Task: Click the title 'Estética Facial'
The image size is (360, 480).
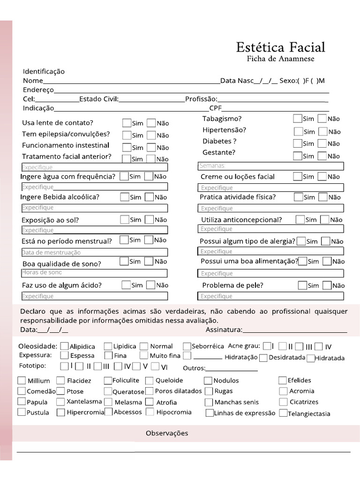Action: point(280,47)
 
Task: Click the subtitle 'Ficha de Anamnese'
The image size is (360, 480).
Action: point(280,59)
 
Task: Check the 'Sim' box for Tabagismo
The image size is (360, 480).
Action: point(298,119)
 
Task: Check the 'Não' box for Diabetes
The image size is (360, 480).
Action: point(322,143)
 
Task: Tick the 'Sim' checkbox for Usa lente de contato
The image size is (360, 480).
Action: point(127,123)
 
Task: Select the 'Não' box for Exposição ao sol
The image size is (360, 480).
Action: point(149,219)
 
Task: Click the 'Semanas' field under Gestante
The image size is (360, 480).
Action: point(271,166)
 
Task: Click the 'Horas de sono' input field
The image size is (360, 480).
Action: point(94,273)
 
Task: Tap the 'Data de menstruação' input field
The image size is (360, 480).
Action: point(94,252)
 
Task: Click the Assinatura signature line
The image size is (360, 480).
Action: point(295,330)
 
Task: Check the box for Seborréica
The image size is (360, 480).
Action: point(187,346)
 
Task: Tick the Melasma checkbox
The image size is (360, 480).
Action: point(108,402)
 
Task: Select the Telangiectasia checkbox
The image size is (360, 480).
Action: point(283,413)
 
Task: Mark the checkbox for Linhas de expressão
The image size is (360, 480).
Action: point(210,413)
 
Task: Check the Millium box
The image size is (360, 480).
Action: point(22,380)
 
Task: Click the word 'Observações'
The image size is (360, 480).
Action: point(167,433)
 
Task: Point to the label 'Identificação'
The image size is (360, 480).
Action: point(44,71)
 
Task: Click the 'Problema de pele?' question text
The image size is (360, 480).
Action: point(232,285)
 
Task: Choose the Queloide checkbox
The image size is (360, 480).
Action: point(149,380)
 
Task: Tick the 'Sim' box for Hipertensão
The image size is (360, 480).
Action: point(298,131)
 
